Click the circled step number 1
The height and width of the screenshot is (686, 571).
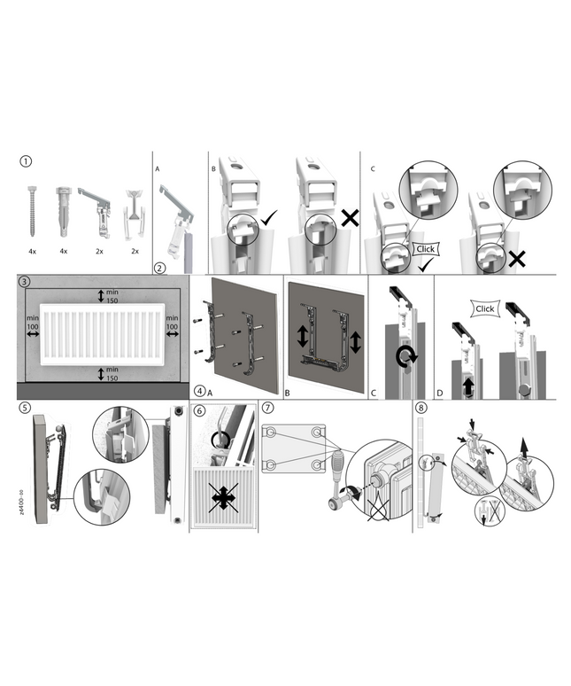point(26,161)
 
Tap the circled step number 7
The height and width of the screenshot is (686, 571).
point(268,408)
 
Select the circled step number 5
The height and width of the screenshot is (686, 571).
point(26,408)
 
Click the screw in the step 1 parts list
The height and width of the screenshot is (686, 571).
point(32,211)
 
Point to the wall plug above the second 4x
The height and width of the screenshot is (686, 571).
point(63,211)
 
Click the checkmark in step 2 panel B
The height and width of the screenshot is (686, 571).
point(269,217)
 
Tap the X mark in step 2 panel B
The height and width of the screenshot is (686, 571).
point(350,218)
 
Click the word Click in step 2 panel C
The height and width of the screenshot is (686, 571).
point(426,249)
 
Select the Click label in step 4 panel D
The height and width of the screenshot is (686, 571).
point(485,308)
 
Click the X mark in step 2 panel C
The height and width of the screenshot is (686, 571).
point(517,259)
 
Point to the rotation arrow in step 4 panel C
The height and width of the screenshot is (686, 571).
point(406,356)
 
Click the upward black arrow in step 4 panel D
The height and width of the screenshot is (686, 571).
point(468,387)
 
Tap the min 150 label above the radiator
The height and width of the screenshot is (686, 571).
point(112,296)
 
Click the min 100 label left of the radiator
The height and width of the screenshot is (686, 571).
point(33,323)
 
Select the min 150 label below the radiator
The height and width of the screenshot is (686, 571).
point(112,374)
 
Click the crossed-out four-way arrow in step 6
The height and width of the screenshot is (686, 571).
point(223,497)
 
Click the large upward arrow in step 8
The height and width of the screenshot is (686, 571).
point(523,447)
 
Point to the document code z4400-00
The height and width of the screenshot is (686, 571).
point(22,503)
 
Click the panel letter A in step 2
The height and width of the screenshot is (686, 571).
point(158,169)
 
